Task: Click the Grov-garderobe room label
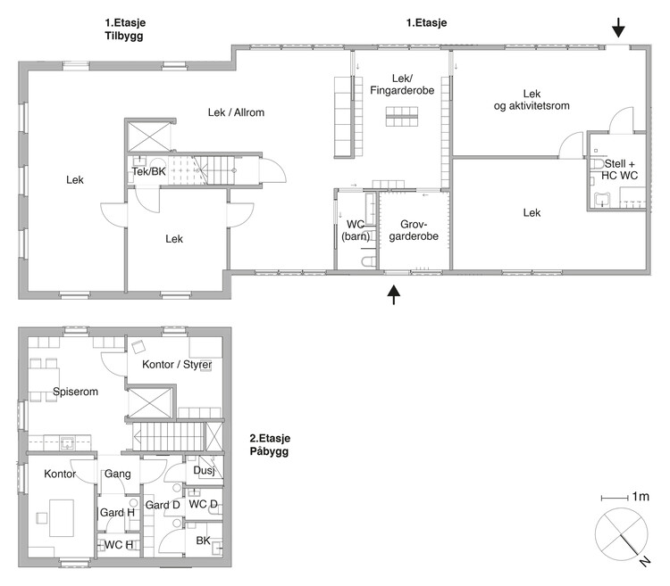tap(414, 230)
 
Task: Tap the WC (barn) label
tap(356, 230)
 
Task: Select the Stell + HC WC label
tap(620, 169)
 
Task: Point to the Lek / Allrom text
tap(237, 112)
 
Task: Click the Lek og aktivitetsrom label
tap(532, 100)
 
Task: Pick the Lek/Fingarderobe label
tap(402, 85)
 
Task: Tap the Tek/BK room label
tap(148, 171)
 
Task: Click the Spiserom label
tap(76, 392)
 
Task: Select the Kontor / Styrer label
tap(177, 365)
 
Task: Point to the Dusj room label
tap(204, 470)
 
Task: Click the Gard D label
tap(163, 505)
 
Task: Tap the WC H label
tap(119, 545)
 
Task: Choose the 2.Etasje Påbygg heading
tap(270, 444)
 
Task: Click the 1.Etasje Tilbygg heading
tap(125, 29)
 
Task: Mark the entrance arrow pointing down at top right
tap(618, 28)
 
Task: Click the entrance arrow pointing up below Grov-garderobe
tap(394, 294)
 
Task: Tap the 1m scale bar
tap(614, 498)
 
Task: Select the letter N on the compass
tap(645, 562)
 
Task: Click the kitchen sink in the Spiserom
tap(68, 442)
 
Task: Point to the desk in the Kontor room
tap(62, 518)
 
